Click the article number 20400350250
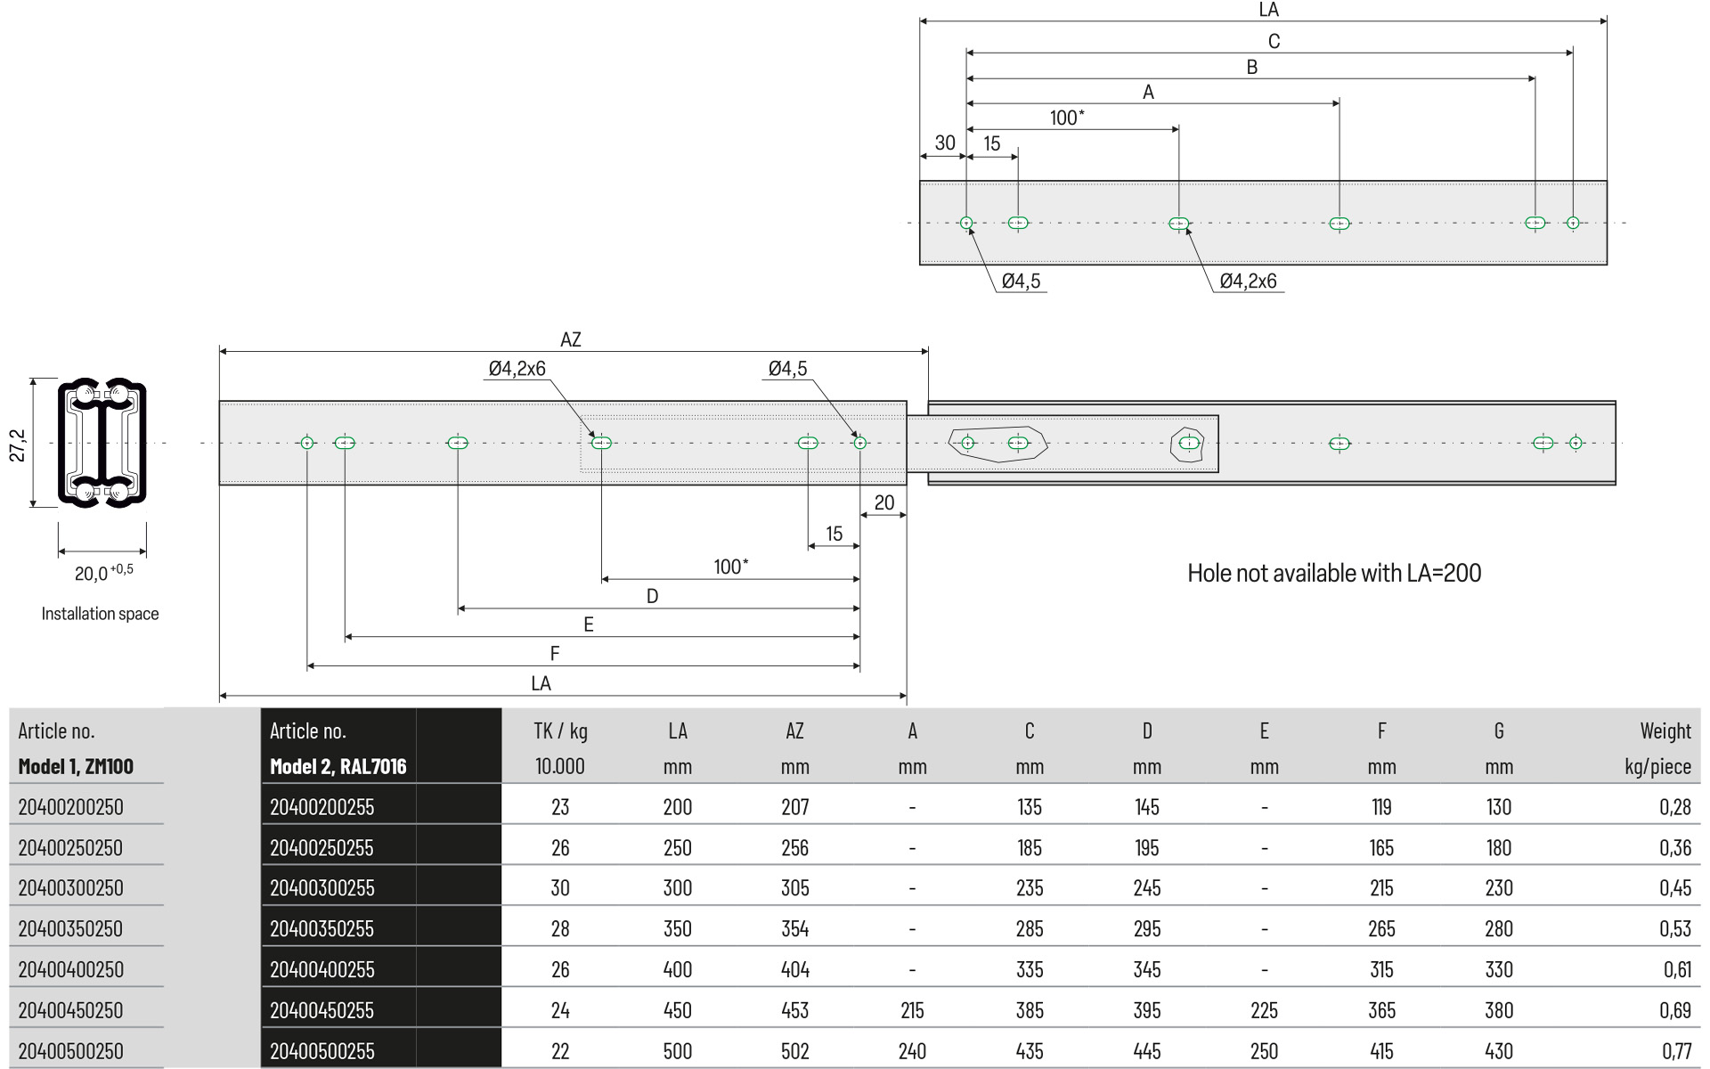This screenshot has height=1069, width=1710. click(x=70, y=928)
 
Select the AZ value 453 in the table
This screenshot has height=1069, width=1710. click(x=794, y=1010)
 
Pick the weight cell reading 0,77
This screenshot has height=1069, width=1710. click(x=1676, y=1051)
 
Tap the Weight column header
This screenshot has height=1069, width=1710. click(x=1665, y=731)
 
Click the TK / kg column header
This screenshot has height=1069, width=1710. click(x=560, y=731)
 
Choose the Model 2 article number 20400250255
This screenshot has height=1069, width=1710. click(x=322, y=847)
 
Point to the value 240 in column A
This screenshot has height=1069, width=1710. click(x=912, y=1051)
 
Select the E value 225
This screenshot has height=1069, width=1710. click(x=1264, y=1010)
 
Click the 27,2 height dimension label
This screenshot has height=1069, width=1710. click(x=18, y=445)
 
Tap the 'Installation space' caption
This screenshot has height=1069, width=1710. click(x=100, y=614)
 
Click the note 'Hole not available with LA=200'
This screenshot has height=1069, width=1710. click(x=1334, y=573)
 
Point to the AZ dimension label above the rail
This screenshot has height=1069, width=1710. click(x=571, y=339)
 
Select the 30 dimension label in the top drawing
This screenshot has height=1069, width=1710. click(x=945, y=143)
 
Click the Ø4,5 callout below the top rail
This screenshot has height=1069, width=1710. click(x=1021, y=282)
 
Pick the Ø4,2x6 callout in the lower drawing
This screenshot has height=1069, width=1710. click(x=517, y=369)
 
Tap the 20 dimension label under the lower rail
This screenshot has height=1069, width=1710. click(x=883, y=502)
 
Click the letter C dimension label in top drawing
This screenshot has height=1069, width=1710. click(x=1274, y=41)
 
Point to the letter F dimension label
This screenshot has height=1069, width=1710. click(x=555, y=654)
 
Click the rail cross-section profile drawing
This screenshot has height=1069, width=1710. click(x=102, y=444)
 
